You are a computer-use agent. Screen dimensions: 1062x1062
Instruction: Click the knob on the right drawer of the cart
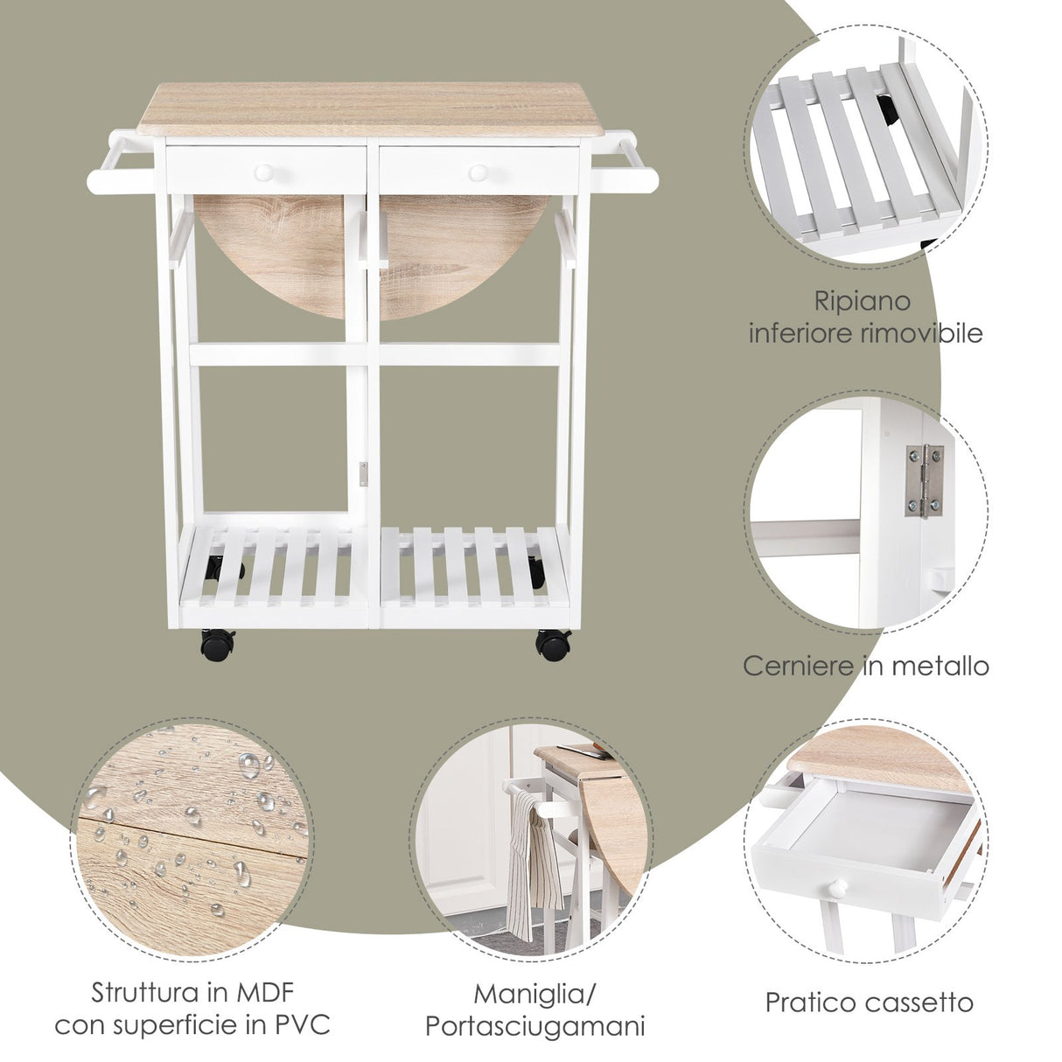point(478,172)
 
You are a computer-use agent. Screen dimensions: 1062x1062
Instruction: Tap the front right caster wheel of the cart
point(553,645)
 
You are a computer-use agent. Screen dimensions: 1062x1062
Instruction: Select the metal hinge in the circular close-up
point(924,480)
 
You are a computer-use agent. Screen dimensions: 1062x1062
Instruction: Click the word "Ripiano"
point(863,302)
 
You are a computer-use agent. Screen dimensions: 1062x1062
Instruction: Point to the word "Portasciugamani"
point(534,1025)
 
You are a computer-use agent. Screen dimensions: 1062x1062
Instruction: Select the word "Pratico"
point(808,1002)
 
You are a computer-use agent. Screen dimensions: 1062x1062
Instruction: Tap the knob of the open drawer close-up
point(838,889)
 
